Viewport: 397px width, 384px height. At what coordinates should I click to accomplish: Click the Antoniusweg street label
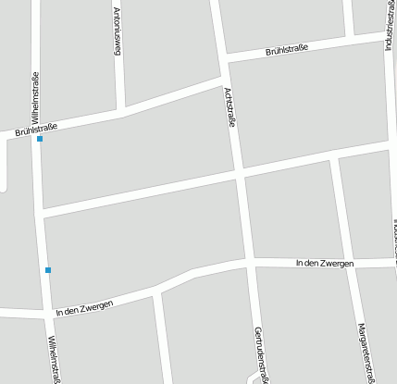click(x=117, y=32)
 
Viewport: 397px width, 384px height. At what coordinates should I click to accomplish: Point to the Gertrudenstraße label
click(x=261, y=355)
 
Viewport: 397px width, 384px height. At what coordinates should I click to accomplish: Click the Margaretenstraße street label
click(x=366, y=352)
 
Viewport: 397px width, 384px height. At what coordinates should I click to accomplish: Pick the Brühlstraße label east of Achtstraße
click(x=286, y=47)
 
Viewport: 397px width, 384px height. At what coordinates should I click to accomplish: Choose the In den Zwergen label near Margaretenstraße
click(x=325, y=264)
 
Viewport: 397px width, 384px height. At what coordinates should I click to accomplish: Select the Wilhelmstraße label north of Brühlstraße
click(x=35, y=97)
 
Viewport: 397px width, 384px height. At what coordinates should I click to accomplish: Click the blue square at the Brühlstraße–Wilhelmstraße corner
click(x=39, y=139)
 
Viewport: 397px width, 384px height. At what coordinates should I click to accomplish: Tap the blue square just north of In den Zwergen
click(x=48, y=270)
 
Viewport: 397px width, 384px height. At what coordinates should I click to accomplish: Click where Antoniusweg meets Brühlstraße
click(x=121, y=111)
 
